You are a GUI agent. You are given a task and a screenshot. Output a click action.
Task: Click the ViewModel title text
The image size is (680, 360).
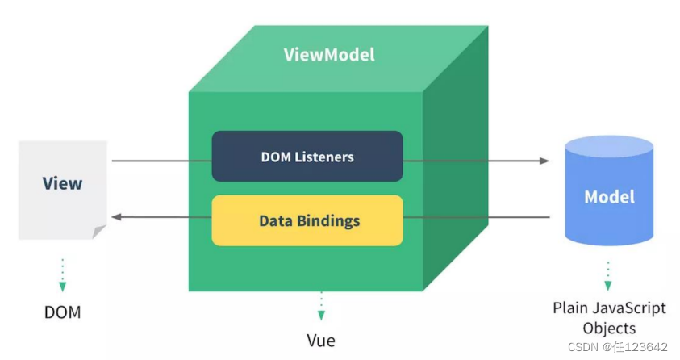pos(329,55)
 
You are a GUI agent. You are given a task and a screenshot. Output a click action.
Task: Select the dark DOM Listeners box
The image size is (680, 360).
pos(307,156)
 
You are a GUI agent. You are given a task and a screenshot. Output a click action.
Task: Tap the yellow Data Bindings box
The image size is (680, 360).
pos(307,220)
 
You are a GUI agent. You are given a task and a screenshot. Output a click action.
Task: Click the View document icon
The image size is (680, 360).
pos(62,190)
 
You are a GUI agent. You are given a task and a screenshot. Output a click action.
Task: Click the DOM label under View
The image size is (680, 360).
pos(62,312)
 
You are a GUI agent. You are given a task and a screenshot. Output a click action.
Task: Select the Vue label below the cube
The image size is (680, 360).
pos(321,340)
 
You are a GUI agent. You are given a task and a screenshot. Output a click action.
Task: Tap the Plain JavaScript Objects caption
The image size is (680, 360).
pos(609,318)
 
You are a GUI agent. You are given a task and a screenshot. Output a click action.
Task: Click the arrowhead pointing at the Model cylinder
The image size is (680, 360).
pos(544,161)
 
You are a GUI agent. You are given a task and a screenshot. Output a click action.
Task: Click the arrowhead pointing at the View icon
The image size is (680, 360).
pos(116,216)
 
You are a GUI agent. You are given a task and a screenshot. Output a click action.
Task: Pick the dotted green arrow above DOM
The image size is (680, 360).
pos(62,275)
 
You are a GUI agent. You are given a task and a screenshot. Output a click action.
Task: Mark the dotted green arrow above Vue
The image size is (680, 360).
pos(321,307)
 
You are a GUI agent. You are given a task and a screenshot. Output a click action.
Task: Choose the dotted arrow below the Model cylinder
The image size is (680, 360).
pos(608,275)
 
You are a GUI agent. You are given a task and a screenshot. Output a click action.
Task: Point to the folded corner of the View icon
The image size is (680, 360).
pos(98,232)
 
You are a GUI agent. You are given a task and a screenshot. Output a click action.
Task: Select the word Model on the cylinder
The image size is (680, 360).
pos(609,197)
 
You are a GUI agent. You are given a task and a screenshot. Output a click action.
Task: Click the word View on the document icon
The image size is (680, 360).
pos(62,183)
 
